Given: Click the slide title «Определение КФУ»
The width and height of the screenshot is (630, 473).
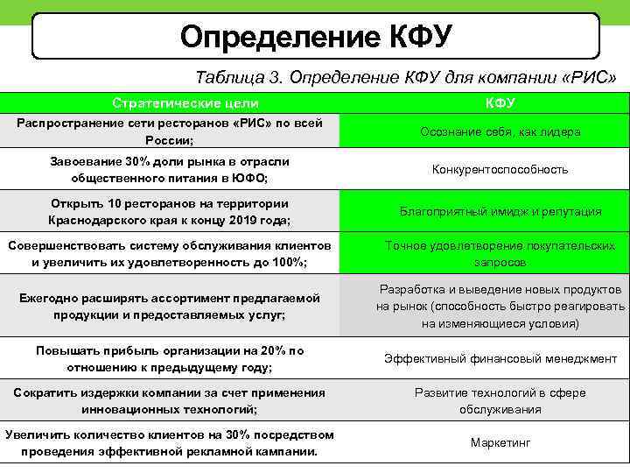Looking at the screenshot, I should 316,36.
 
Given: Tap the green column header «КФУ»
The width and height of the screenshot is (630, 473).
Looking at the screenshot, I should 500,103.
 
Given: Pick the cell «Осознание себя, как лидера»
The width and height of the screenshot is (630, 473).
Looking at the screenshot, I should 500,132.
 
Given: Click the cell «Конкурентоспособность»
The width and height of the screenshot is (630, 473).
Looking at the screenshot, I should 500,170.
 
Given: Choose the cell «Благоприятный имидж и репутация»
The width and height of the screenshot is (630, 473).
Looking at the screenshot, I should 500,211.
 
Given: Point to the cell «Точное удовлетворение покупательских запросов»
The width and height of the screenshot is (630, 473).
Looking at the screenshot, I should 500,254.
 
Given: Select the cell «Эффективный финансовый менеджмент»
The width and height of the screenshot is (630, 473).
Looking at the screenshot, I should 500,359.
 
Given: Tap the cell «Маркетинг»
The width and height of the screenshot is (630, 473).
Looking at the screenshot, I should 500,443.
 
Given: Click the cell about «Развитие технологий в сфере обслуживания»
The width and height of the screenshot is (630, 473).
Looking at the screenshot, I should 500,401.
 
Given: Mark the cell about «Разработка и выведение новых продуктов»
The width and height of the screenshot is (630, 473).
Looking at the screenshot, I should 500,307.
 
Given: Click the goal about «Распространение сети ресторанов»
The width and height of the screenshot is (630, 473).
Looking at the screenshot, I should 170,131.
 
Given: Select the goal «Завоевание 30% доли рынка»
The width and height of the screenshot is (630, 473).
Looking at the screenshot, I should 170,170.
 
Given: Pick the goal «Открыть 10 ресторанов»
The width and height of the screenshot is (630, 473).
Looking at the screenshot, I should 170,212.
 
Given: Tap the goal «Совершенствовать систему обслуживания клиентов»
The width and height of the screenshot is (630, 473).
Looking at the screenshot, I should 170,254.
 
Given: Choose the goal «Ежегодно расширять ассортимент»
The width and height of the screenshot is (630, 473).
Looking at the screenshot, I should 170,307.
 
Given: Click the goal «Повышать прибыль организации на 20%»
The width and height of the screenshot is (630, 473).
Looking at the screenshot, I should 170,359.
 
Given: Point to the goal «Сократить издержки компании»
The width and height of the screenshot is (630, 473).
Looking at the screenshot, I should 170,401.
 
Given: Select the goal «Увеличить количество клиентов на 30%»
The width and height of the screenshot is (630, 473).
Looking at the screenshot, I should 170,443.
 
